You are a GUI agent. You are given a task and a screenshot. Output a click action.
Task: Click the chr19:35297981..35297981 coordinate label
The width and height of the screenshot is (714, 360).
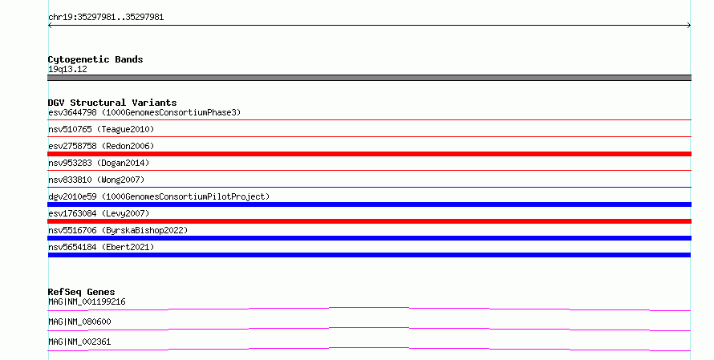coord(106,18)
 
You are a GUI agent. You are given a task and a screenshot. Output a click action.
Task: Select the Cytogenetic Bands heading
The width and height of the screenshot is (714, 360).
coord(95,59)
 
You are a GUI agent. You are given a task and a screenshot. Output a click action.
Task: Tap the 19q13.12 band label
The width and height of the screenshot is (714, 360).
coord(67,69)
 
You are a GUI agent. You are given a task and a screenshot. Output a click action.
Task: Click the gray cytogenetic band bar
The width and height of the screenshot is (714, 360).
coord(369,78)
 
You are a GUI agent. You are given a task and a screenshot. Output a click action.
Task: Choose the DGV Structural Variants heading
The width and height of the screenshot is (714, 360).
coord(112,103)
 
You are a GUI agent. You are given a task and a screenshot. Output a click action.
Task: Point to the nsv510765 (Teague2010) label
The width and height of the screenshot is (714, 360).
coord(101,129)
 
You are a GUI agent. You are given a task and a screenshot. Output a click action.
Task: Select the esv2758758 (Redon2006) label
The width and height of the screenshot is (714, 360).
coord(101,146)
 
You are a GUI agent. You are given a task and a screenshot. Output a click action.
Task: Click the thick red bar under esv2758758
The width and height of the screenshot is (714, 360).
coord(369,154)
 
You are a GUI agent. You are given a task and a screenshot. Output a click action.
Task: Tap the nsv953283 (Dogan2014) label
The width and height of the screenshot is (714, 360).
coord(99,163)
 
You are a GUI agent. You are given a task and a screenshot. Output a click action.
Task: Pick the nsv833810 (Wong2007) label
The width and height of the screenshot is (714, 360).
coord(96,180)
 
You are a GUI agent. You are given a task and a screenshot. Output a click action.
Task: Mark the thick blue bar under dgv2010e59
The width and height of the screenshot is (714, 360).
coord(369,204)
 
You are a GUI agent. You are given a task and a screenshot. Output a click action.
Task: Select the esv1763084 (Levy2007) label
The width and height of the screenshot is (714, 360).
coord(99,213)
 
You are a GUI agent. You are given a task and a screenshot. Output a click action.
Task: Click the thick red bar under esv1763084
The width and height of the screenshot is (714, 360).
coord(369,221)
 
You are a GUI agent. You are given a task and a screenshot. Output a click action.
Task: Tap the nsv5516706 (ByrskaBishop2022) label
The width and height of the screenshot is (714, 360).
coord(118,230)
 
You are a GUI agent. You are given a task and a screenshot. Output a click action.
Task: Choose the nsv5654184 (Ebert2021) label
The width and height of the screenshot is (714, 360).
coord(101,247)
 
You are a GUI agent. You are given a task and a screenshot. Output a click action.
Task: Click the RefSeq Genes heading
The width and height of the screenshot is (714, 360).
coord(81,292)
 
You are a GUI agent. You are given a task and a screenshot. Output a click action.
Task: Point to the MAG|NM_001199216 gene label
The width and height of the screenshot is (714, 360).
coord(87,301)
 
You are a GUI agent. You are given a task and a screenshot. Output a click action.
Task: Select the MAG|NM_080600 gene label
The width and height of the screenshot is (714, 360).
coord(79,322)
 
